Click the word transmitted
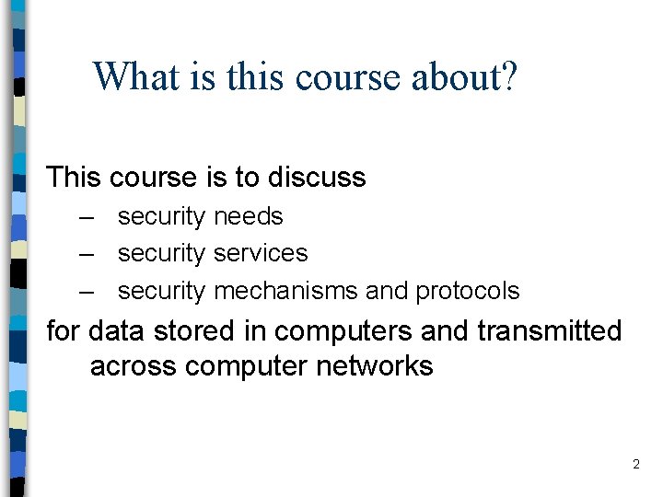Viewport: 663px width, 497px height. point(550,330)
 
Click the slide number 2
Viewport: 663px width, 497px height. point(635,465)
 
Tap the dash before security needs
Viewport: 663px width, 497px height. point(87,217)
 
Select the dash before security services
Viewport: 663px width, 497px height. point(87,253)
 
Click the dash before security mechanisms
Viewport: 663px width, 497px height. point(87,291)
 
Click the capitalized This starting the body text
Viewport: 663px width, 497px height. point(75,177)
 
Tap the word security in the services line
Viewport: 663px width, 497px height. point(161,253)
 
